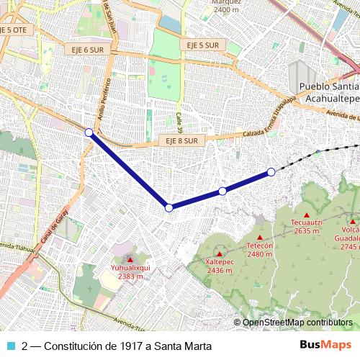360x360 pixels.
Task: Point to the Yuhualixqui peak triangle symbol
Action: [130, 259]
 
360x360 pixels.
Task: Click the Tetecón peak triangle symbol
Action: [260, 237]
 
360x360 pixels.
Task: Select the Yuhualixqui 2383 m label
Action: [130, 271]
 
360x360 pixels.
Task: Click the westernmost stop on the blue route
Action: [89, 132]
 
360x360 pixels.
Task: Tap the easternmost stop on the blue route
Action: [271, 171]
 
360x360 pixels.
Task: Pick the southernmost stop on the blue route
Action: [169, 207]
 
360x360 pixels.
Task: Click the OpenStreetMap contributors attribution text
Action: [297, 323]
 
